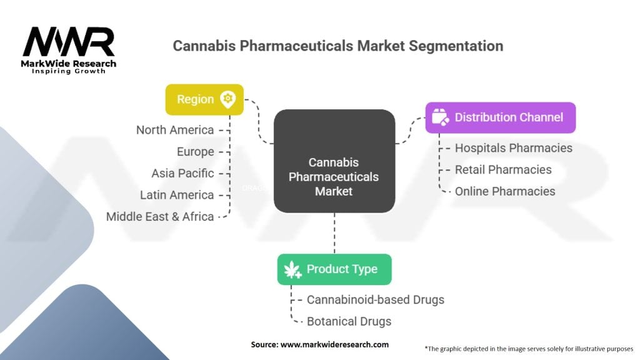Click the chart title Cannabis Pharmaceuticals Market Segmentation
click(337, 46)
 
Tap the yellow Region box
click(204, 99)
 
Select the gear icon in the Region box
click(227, 99)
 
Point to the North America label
click(175, 130)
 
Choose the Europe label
click(195, 152)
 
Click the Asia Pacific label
click(182, 173)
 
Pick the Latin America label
click(177, 195)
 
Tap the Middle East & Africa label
click(160, 217)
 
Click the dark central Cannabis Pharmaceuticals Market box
click(334, 161)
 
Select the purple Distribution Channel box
click(500, 117)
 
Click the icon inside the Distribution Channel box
click(441, 117)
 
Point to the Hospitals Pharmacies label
click(513, 148)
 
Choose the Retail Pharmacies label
click(503, 169)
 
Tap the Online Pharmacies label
click(505, 191)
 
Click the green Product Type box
click(334, 269)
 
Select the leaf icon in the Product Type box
click(292, 270)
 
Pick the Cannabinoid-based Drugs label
click(375, 299)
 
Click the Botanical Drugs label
click(349, 321)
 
